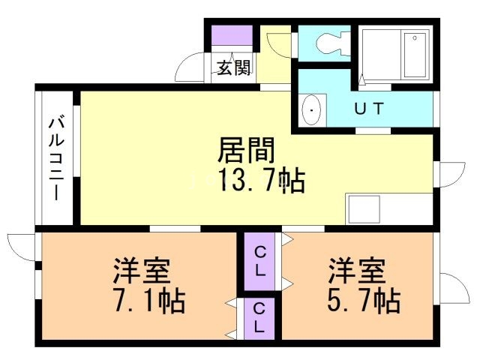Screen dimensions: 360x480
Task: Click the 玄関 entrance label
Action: [235, 69]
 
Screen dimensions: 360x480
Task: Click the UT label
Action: [369, 109]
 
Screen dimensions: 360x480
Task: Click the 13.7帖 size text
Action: [261, 180]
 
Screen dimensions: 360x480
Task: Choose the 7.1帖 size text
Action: [150, 301]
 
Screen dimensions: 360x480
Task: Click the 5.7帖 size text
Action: [364, 301]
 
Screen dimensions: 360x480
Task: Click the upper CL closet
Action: [259, 262]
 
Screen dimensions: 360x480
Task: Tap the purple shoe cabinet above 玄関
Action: [232, 37]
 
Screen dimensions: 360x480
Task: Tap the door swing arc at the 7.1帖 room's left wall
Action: [21, 246]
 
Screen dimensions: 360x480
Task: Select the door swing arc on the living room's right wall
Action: [450, 174]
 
